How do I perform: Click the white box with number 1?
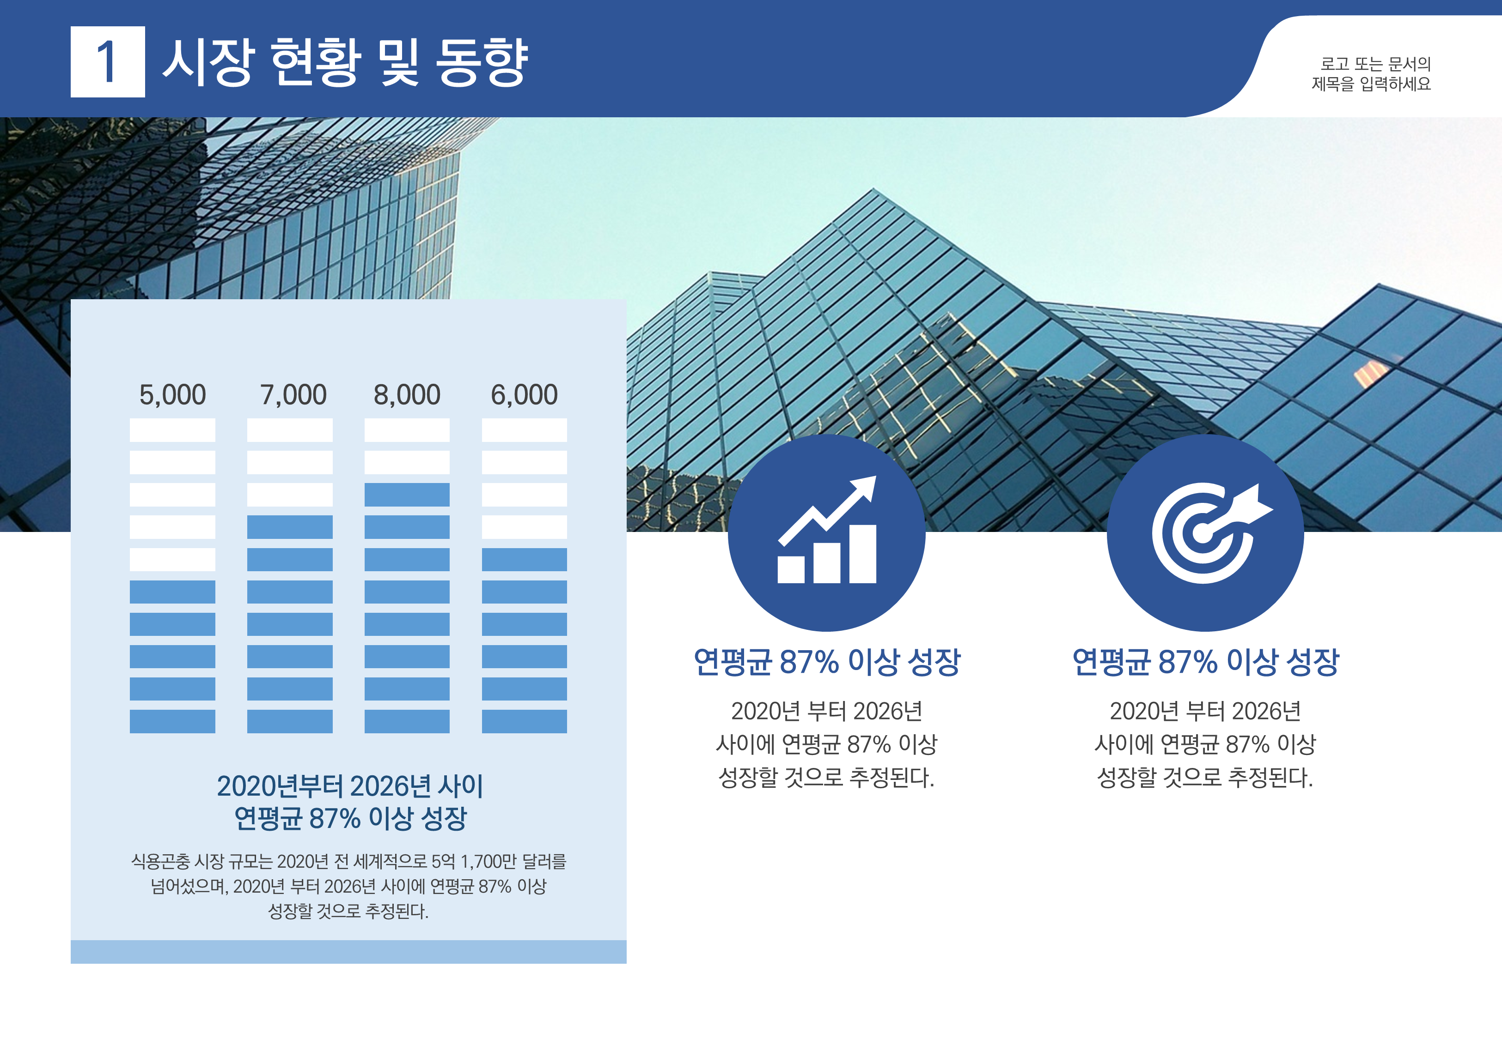(x=108, y=62)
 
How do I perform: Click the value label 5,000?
(x=172, y=394)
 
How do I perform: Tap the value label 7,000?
(x=293, y=394)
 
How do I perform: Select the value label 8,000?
(x=407, y=394)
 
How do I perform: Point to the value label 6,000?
(x=525, y=394)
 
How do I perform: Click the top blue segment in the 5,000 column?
(x=172, y=592)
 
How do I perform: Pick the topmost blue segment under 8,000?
(x=407, y=495)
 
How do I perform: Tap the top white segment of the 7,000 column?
(x=290, y=430)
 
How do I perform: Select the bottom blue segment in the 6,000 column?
(x=525, y=721)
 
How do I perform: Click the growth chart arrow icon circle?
(x=826, y=532)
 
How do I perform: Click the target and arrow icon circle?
(x=1205, y=532)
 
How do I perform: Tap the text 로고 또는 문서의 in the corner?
(x=1375, y=64)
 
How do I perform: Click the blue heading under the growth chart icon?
(x=826, y=662)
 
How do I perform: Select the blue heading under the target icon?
(x=1205, y=662)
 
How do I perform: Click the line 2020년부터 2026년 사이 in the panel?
(x=350, y=786)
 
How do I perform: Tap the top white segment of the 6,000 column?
(x=525, y=430)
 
